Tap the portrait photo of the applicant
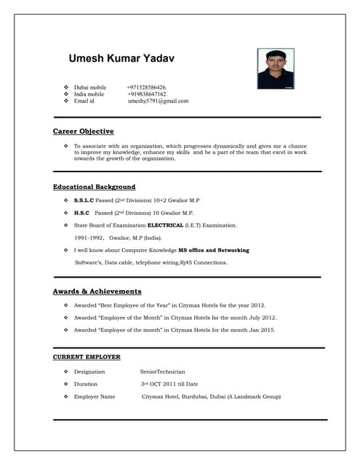[x=276, y=68]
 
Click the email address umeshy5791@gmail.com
[x=158, y=102]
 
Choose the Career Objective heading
[x=83, y=132]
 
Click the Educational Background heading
[x=94, y=187]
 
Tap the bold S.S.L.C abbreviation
[x=84, y=200]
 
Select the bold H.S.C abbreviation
[x=81, y=213]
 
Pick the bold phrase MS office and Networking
[x=214, y=250]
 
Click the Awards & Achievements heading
[x=97, y=291]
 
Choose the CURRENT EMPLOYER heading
[x=87, y=357]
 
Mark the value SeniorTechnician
[x=163, y=371]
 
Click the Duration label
[x=86, y=384]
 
